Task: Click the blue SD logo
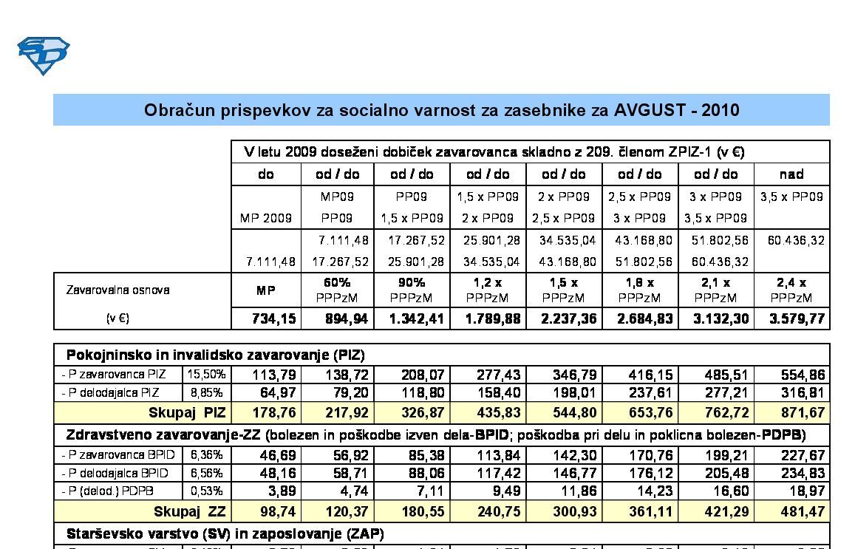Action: point(43,55)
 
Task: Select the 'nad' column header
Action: point(791,174)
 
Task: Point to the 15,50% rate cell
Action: point(206,375)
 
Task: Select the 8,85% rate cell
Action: point(206,392)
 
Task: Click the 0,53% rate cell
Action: point(206,491)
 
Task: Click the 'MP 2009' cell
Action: point(266,219)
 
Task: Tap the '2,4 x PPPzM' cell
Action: point(791,290)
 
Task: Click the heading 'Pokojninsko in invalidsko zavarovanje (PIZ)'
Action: point(216,355)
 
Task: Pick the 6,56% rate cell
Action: point(206,473)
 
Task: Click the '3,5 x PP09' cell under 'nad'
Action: point(791,197)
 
